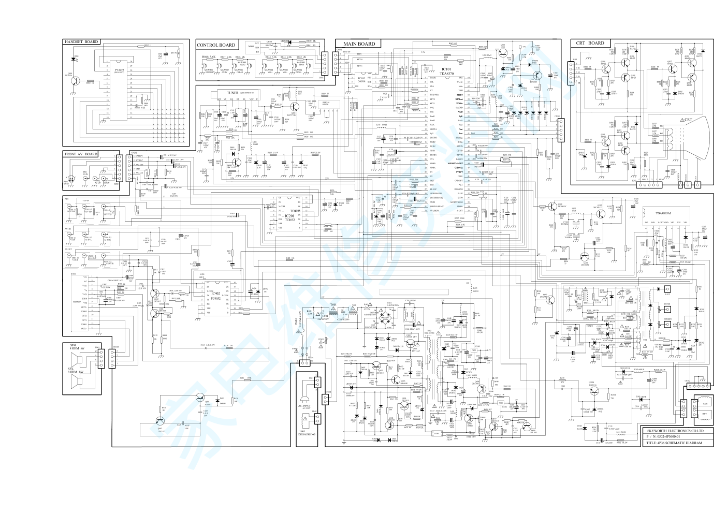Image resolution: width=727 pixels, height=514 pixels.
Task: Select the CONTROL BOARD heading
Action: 215,45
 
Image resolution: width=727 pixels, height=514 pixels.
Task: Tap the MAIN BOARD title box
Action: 358,44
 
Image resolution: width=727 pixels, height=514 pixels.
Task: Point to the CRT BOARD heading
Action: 590,43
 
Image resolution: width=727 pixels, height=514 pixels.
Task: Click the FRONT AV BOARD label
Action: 81,154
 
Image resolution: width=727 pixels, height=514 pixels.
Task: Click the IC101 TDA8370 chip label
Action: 446,71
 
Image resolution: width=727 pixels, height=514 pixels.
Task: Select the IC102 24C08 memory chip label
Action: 362,80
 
